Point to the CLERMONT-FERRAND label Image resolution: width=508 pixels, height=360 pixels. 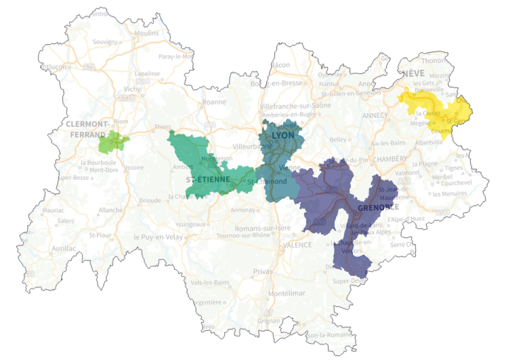88,129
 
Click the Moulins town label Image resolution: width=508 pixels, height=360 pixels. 146,33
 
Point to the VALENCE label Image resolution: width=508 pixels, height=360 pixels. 297,245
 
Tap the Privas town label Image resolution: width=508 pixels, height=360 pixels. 262,271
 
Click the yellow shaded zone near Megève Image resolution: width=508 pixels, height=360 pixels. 433,108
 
